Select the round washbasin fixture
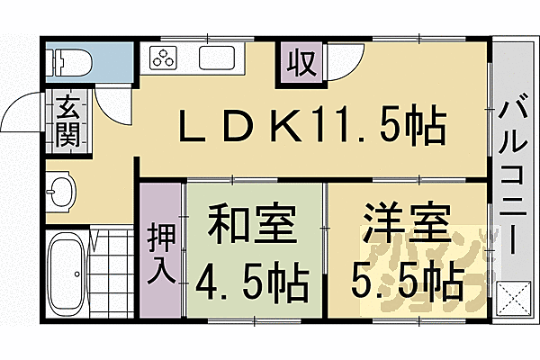(60, 192)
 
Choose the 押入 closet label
(160, 253)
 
